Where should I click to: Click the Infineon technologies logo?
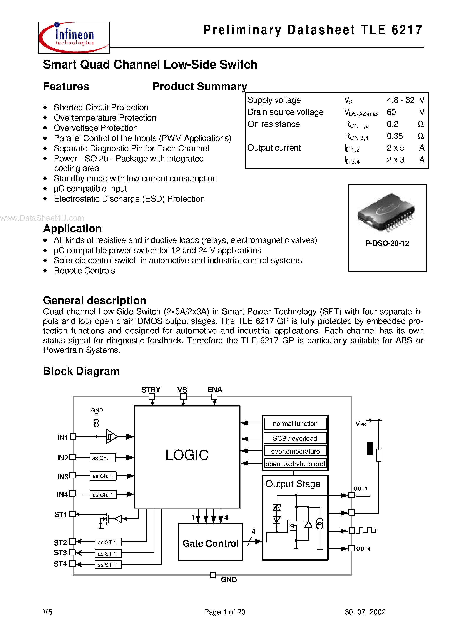point(74,37)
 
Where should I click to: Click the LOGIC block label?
point(187,455)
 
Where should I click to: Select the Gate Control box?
point(210,542)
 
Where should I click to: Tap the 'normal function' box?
point(295,424)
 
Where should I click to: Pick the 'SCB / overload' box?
point(295,439)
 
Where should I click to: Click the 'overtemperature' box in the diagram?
point(295,451)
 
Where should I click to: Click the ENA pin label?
point(214,389)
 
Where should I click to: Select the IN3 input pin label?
point(63,477)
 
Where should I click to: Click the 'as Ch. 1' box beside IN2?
point(102,458)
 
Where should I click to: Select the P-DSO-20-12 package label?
point(387,243)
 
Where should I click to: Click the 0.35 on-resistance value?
point(395,136)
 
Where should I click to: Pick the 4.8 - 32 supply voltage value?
point(400,100)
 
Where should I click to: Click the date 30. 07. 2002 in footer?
point(365,612)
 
